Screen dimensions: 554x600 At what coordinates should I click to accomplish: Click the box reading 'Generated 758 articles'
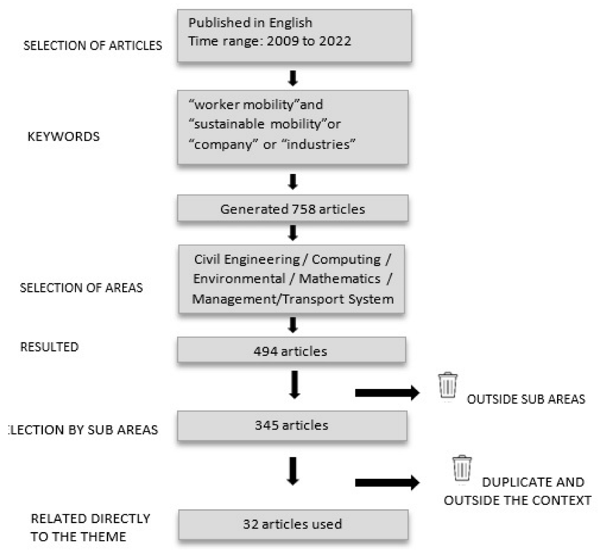[292, 209]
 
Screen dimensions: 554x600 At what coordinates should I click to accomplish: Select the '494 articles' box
[291, 351]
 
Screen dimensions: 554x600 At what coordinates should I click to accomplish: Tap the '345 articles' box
[292, 425]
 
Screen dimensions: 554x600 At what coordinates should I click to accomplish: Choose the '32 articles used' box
[293, 524]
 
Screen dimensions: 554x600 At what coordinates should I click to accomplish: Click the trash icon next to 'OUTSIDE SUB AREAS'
[448, 385]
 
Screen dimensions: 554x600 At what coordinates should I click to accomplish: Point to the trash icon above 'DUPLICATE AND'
[462, 468]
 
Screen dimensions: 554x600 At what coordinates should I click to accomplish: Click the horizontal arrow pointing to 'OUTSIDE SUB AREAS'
[387, 393]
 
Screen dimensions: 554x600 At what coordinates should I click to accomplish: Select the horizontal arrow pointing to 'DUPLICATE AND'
[387, 482]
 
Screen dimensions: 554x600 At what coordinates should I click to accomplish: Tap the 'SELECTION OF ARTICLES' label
[93, 46]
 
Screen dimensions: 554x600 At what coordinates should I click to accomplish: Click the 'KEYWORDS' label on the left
[63, 136]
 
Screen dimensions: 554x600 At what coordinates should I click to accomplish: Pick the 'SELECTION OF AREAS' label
[81, 288]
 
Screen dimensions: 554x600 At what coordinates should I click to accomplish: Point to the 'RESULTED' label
[49, 347]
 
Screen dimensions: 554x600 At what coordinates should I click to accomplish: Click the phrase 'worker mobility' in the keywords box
[244, 105]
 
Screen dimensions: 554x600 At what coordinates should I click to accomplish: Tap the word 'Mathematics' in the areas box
[339, 279]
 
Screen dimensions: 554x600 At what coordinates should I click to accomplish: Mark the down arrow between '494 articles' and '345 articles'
[294, 384]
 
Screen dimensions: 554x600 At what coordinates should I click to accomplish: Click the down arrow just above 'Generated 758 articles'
[293, 182]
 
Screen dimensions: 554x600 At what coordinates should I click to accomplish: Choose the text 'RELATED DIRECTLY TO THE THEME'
[89, 528]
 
